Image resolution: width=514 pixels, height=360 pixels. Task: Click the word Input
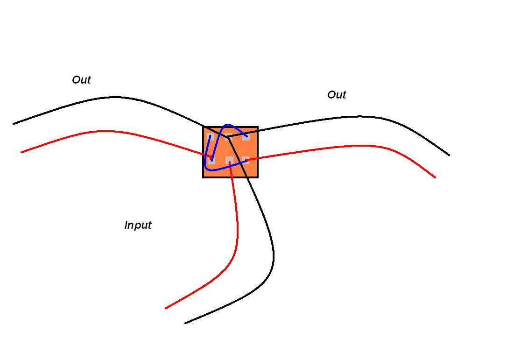point(138,225)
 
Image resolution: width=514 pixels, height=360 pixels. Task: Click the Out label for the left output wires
point(81,80)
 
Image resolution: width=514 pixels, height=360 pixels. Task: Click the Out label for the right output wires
point(337,95)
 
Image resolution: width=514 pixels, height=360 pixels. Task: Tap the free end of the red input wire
point(166,308)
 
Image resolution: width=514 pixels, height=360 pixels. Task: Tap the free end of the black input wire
point(185,323)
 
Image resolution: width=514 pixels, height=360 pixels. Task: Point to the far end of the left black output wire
point(14,124)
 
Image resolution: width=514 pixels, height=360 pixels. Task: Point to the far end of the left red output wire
point(21,152)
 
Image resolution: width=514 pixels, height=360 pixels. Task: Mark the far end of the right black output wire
point(449,155)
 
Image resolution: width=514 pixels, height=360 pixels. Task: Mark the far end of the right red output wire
point(435,177)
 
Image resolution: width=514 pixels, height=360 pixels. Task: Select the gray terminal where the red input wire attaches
point(230,160)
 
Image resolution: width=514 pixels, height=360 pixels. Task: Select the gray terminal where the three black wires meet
point(228,136)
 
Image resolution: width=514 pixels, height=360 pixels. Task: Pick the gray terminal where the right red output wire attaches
point(246,160)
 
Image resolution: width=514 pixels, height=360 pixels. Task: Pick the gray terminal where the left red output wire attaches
point(211,160)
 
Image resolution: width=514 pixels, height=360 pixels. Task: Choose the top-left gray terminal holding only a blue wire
point(211,136)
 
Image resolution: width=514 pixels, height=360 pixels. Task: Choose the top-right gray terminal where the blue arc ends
point(246,136)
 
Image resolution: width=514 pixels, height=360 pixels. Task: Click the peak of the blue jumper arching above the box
point(228,125)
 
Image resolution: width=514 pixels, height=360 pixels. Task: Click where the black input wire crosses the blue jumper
point(238,164)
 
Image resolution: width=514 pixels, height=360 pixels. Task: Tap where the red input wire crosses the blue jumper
point(231,167)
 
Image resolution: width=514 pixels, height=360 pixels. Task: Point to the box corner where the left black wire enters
point(204,127)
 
